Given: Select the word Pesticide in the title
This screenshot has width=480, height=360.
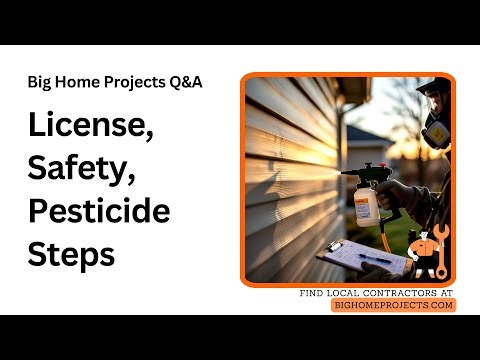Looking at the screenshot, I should tap(98, 212).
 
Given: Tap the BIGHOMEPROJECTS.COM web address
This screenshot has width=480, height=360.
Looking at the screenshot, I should tap(393, 305).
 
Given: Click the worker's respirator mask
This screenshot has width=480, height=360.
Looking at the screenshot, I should tap(436, 133).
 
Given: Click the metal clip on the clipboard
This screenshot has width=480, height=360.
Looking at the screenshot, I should tap(334, 246).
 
